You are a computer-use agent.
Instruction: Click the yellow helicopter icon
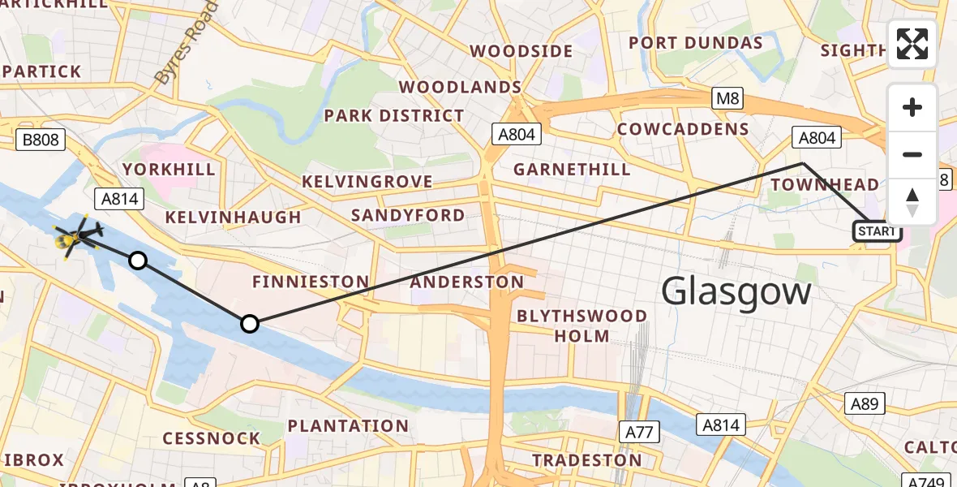(x=75, y=237)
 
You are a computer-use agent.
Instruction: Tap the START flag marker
(x=877, y=232)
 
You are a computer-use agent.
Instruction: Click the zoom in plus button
(x=912, y=107)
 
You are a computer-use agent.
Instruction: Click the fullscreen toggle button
(x=912, y=44)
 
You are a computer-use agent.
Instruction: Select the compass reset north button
(x=912, y=201)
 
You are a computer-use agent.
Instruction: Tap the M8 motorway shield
(x=727, y=99)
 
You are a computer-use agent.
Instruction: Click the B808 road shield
(x=41, y=140)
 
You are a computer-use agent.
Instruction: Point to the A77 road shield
(x=639, y=432)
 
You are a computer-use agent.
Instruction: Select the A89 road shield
(x=865, y=403)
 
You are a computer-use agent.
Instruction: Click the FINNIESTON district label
(x=310, y=282)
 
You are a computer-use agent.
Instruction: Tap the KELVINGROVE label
(x=367, y=181)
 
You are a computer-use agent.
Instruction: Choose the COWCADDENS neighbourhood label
(x=683, y=129)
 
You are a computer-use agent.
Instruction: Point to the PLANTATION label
(x=348, y=426)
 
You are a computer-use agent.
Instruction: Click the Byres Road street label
(x=186, y=45)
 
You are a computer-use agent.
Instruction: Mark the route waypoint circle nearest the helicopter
(x=138, y=261)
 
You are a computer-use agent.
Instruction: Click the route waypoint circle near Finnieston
(x=250, y=324)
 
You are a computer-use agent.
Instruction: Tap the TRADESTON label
(x=586, y=460)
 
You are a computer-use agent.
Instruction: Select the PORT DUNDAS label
(x=695, y=43)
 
